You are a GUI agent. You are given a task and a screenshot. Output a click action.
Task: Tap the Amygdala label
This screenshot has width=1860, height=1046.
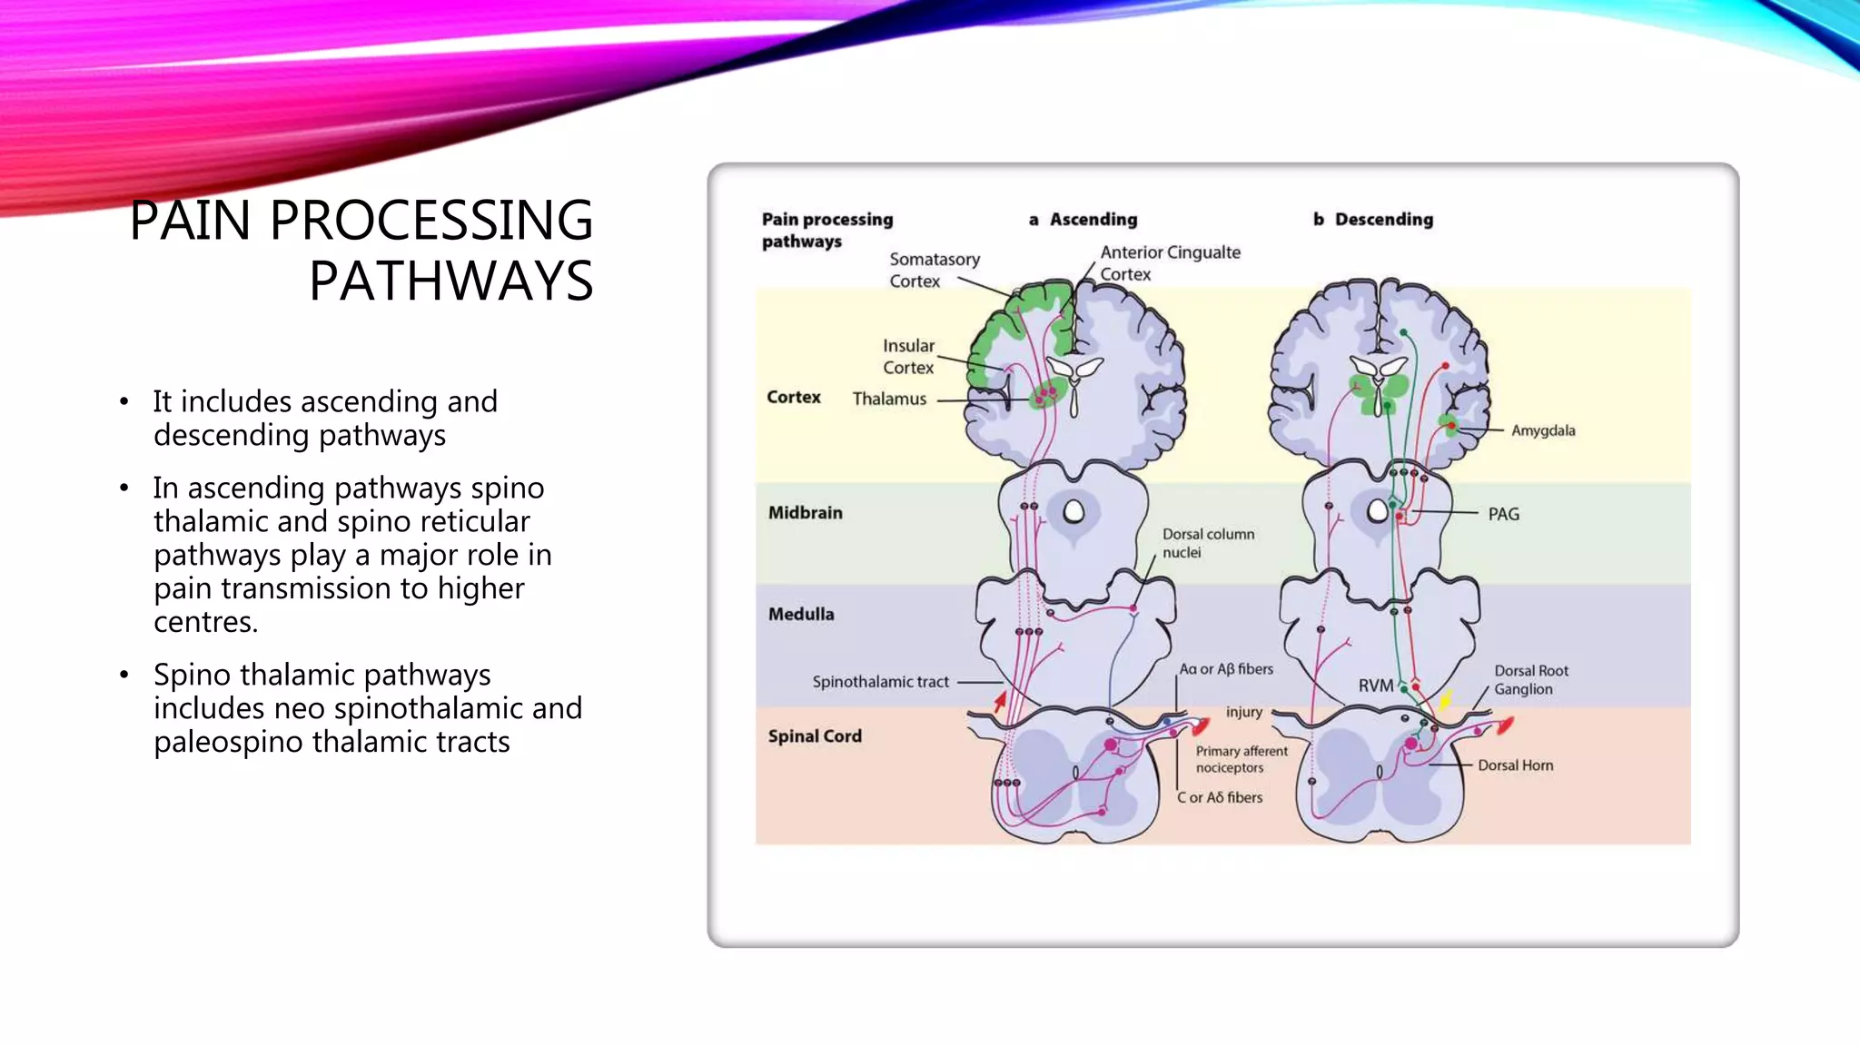(x=1542, y=430)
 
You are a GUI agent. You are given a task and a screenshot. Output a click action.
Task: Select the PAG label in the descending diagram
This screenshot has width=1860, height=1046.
(x=1503, y=514)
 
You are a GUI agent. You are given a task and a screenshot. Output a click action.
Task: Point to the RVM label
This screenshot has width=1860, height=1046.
(x=1375, y=686)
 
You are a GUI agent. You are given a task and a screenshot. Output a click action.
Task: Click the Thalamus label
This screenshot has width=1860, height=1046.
(x=889, y=399)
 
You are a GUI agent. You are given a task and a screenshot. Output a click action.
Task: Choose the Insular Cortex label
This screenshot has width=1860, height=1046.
(x=908, y=357)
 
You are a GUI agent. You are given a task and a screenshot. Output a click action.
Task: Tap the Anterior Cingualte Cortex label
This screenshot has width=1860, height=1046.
(x=1169, y=263)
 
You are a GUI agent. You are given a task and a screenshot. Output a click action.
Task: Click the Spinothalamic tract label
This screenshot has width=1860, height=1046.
(x=880, y=682)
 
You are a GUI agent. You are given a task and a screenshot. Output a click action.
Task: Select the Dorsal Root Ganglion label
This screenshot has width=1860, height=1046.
(x=1530, y=680)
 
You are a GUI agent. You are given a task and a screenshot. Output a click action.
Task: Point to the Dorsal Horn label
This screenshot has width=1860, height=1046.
(x=1515, y=765)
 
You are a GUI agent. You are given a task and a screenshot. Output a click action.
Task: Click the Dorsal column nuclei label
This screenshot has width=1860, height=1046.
(x=1207, y=543)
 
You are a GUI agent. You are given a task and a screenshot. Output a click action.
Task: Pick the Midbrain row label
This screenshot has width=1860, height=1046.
(x=805, y=513)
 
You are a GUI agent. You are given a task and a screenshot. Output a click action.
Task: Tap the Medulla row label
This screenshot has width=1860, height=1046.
(x=800, y=615)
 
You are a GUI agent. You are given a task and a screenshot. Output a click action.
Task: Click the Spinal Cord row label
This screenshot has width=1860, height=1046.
(x=814, y=736)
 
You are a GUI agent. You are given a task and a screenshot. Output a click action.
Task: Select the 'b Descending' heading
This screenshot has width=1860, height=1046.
(x=1372, y=220)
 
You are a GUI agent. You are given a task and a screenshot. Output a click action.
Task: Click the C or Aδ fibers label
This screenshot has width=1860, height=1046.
(x=1219, y=797)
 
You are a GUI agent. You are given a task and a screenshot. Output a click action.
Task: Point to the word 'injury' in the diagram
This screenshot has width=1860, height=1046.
(x=1243, y=712)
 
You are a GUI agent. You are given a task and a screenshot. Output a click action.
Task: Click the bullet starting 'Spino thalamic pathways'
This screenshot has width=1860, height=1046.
(x=367, y=708)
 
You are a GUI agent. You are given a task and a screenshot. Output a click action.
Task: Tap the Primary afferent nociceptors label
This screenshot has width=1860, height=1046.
(x=1241, y=759)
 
